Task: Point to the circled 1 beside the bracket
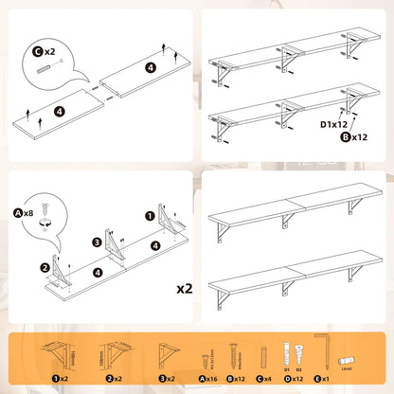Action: pos(149,216)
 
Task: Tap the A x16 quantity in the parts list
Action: pos(210,378)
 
